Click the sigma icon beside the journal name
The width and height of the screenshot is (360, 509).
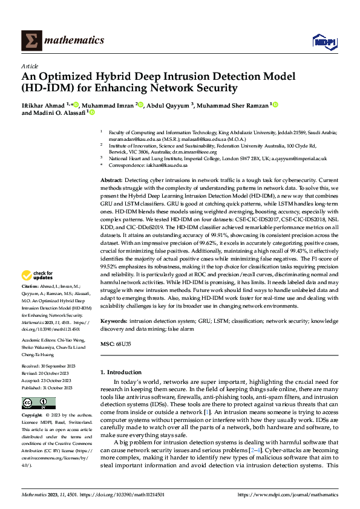point(31,40)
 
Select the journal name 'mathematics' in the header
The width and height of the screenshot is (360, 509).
point(74,41)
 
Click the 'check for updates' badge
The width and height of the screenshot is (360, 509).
point(38,276)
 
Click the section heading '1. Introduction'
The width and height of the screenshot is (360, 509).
point(124,372)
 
